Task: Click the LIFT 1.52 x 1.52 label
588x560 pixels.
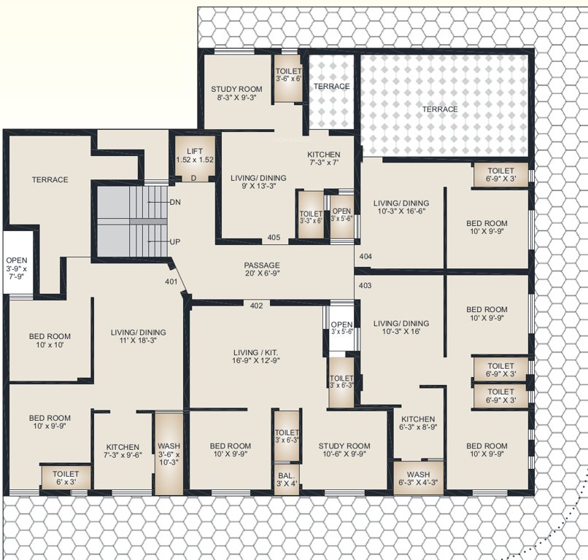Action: coord(194,155)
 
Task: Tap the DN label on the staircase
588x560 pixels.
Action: coord(175,201)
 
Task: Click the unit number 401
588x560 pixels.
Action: coord(171,281)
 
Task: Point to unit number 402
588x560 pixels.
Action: coord(256,305)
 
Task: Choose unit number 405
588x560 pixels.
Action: coord(274,237)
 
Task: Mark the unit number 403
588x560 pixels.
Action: coord(365,285)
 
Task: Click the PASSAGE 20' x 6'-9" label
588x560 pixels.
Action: coord(262,270)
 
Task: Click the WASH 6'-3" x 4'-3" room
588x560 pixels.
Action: coord(418,478)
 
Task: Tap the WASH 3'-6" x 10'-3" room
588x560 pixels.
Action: coord(169,454)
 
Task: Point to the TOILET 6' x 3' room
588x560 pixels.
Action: coord(65,478)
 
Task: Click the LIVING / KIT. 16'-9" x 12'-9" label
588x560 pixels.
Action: coord(255,357)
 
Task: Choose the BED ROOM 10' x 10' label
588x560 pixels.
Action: coord(50,341)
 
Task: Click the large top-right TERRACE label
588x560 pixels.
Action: coord(441,109)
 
